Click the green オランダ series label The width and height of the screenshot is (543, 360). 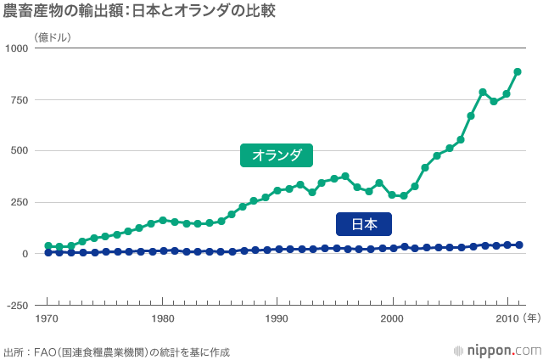click(277, 155)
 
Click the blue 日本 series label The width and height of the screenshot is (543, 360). click(363, 224)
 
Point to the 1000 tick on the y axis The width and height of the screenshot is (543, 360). click(18, 48)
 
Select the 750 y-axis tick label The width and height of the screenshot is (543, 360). click(20, 100)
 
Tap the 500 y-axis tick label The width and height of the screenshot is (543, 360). click(20, 151)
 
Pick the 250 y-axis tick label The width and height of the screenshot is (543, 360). click(20, 203)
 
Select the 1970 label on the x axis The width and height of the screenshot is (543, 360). click(48, 319)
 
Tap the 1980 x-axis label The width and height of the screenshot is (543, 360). click(162, 319)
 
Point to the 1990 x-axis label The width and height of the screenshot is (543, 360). click(277, 319)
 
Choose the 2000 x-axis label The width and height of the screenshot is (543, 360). click(391, 319)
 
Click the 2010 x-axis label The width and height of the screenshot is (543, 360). click(506, 319)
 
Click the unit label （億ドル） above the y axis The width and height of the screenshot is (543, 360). click(53, 37)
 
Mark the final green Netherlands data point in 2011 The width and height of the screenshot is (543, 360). click(518, 72)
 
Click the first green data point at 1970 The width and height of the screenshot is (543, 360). click(48, 246)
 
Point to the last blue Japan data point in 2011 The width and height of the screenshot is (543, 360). click(518, 245)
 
